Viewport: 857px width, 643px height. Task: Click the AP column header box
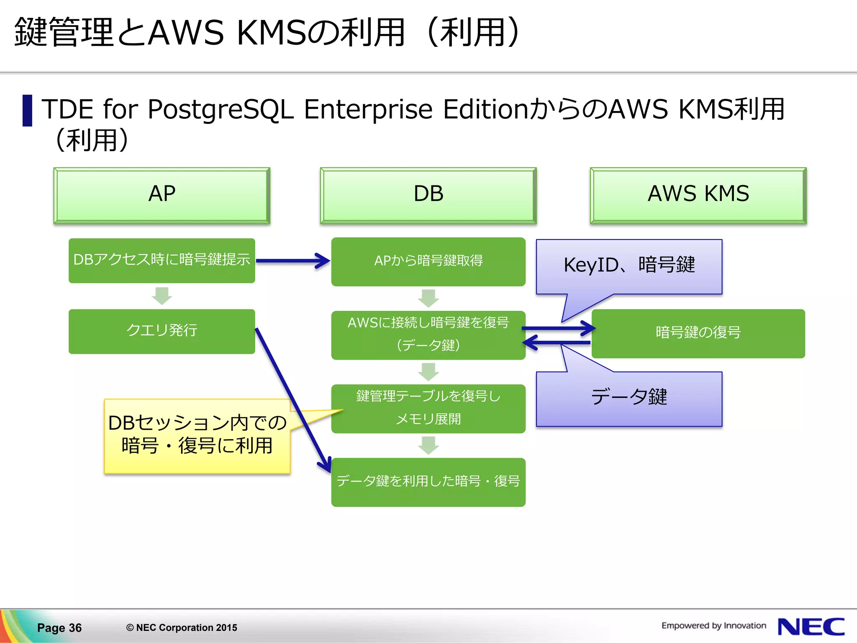click(x=162, y=195)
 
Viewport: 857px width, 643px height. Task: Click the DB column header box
click(x=428, y=195)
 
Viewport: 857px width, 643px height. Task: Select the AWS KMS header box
click(x=698, y=195)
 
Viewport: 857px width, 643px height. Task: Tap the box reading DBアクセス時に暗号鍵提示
click(x=162, y=260)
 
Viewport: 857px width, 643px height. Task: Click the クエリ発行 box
click(x=162, y=331)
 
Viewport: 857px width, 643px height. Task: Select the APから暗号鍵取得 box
click(x=428, y=262)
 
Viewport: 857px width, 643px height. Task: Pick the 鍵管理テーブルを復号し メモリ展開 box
click(x=428, y=408)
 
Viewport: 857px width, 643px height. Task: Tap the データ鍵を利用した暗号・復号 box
click(x=428, y=482)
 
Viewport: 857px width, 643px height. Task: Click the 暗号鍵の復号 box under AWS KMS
click(x=698, y=333)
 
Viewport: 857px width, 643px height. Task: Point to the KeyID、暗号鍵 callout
click(x=629, y=266)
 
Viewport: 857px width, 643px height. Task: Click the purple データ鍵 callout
click(x=629, y=398)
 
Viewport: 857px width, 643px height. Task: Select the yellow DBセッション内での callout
click(x=197, y=435)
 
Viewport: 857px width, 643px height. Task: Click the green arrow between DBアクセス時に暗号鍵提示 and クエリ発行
click(x=162, y=296)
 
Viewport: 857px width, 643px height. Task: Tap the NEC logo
click(x=811, y=627)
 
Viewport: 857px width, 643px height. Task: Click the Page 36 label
click(x=59, y=628)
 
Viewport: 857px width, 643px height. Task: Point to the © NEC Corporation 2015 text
click(x=182, y=628)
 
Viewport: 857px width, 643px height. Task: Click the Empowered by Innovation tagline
click(x=713, y=625)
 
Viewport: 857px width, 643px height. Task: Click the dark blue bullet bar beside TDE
click(x=27, y=111)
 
